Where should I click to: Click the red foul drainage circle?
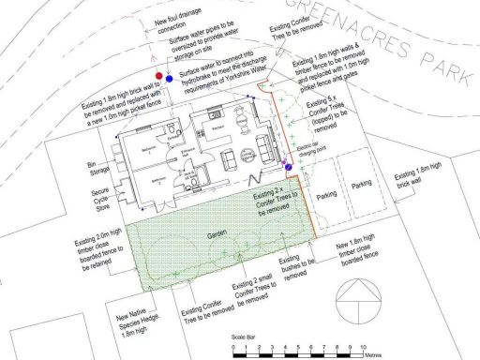click(157, 74)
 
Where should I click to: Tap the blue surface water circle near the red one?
click(168, 79)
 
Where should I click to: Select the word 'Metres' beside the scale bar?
click(377, 356)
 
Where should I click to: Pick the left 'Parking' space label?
click(328, 197)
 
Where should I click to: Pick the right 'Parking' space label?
click(361, 186)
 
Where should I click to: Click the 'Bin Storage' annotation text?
click(91, 168)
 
